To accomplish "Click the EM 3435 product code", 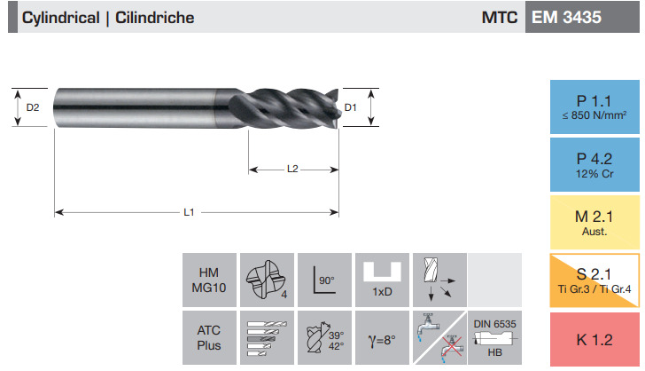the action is (x=566, y=18).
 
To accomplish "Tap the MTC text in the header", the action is (x=500, y=18).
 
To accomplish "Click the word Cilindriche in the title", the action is (x=155, y=18).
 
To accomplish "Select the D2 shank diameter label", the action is (x=33, y=107).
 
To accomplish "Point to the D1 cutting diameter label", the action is (x=350, y=107).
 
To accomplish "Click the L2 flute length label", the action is (x=292, y=169).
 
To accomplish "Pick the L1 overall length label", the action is (x=189, y=212).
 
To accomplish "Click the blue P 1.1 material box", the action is (x=594, y=107).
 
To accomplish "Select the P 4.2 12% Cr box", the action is (x=594, y=164).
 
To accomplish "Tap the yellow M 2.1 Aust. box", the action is (x=594, y=222).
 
